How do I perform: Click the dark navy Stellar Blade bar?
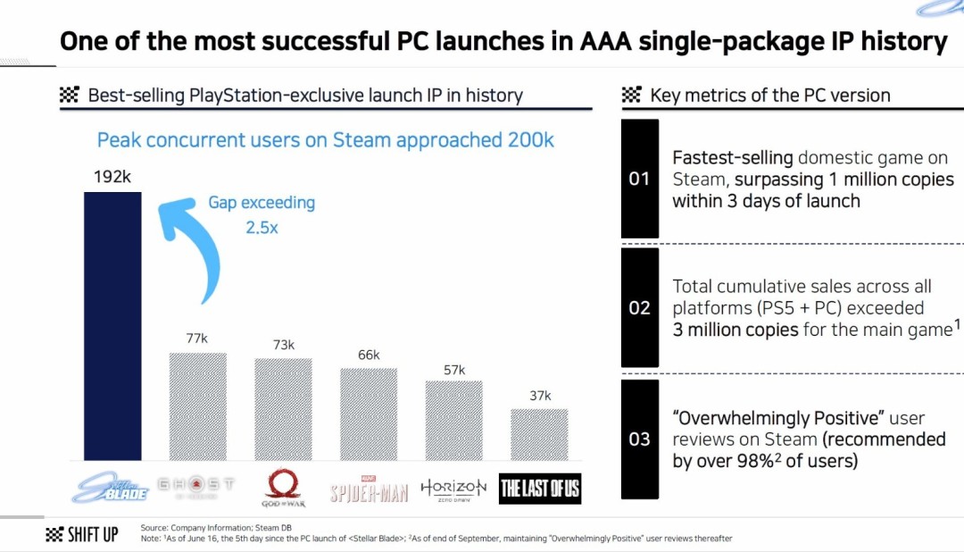click(112, 326)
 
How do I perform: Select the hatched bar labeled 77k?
click(198, 406)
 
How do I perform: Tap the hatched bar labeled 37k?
click(539, 435)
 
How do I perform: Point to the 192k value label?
click(112, 176)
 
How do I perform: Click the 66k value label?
click(368, 355)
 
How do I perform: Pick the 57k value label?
click(453, 369)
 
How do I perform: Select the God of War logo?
click(284, 489)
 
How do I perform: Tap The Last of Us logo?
click(540, 488)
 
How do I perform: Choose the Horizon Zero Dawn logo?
click(453, 489)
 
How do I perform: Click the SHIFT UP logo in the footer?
click(81, 535)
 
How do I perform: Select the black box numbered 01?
click(639, 179)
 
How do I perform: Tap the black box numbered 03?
click(639, 439)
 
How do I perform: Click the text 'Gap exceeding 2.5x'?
click(262, 215)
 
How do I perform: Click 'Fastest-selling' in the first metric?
click(732, 158)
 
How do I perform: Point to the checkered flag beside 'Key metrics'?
click(632, 96)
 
